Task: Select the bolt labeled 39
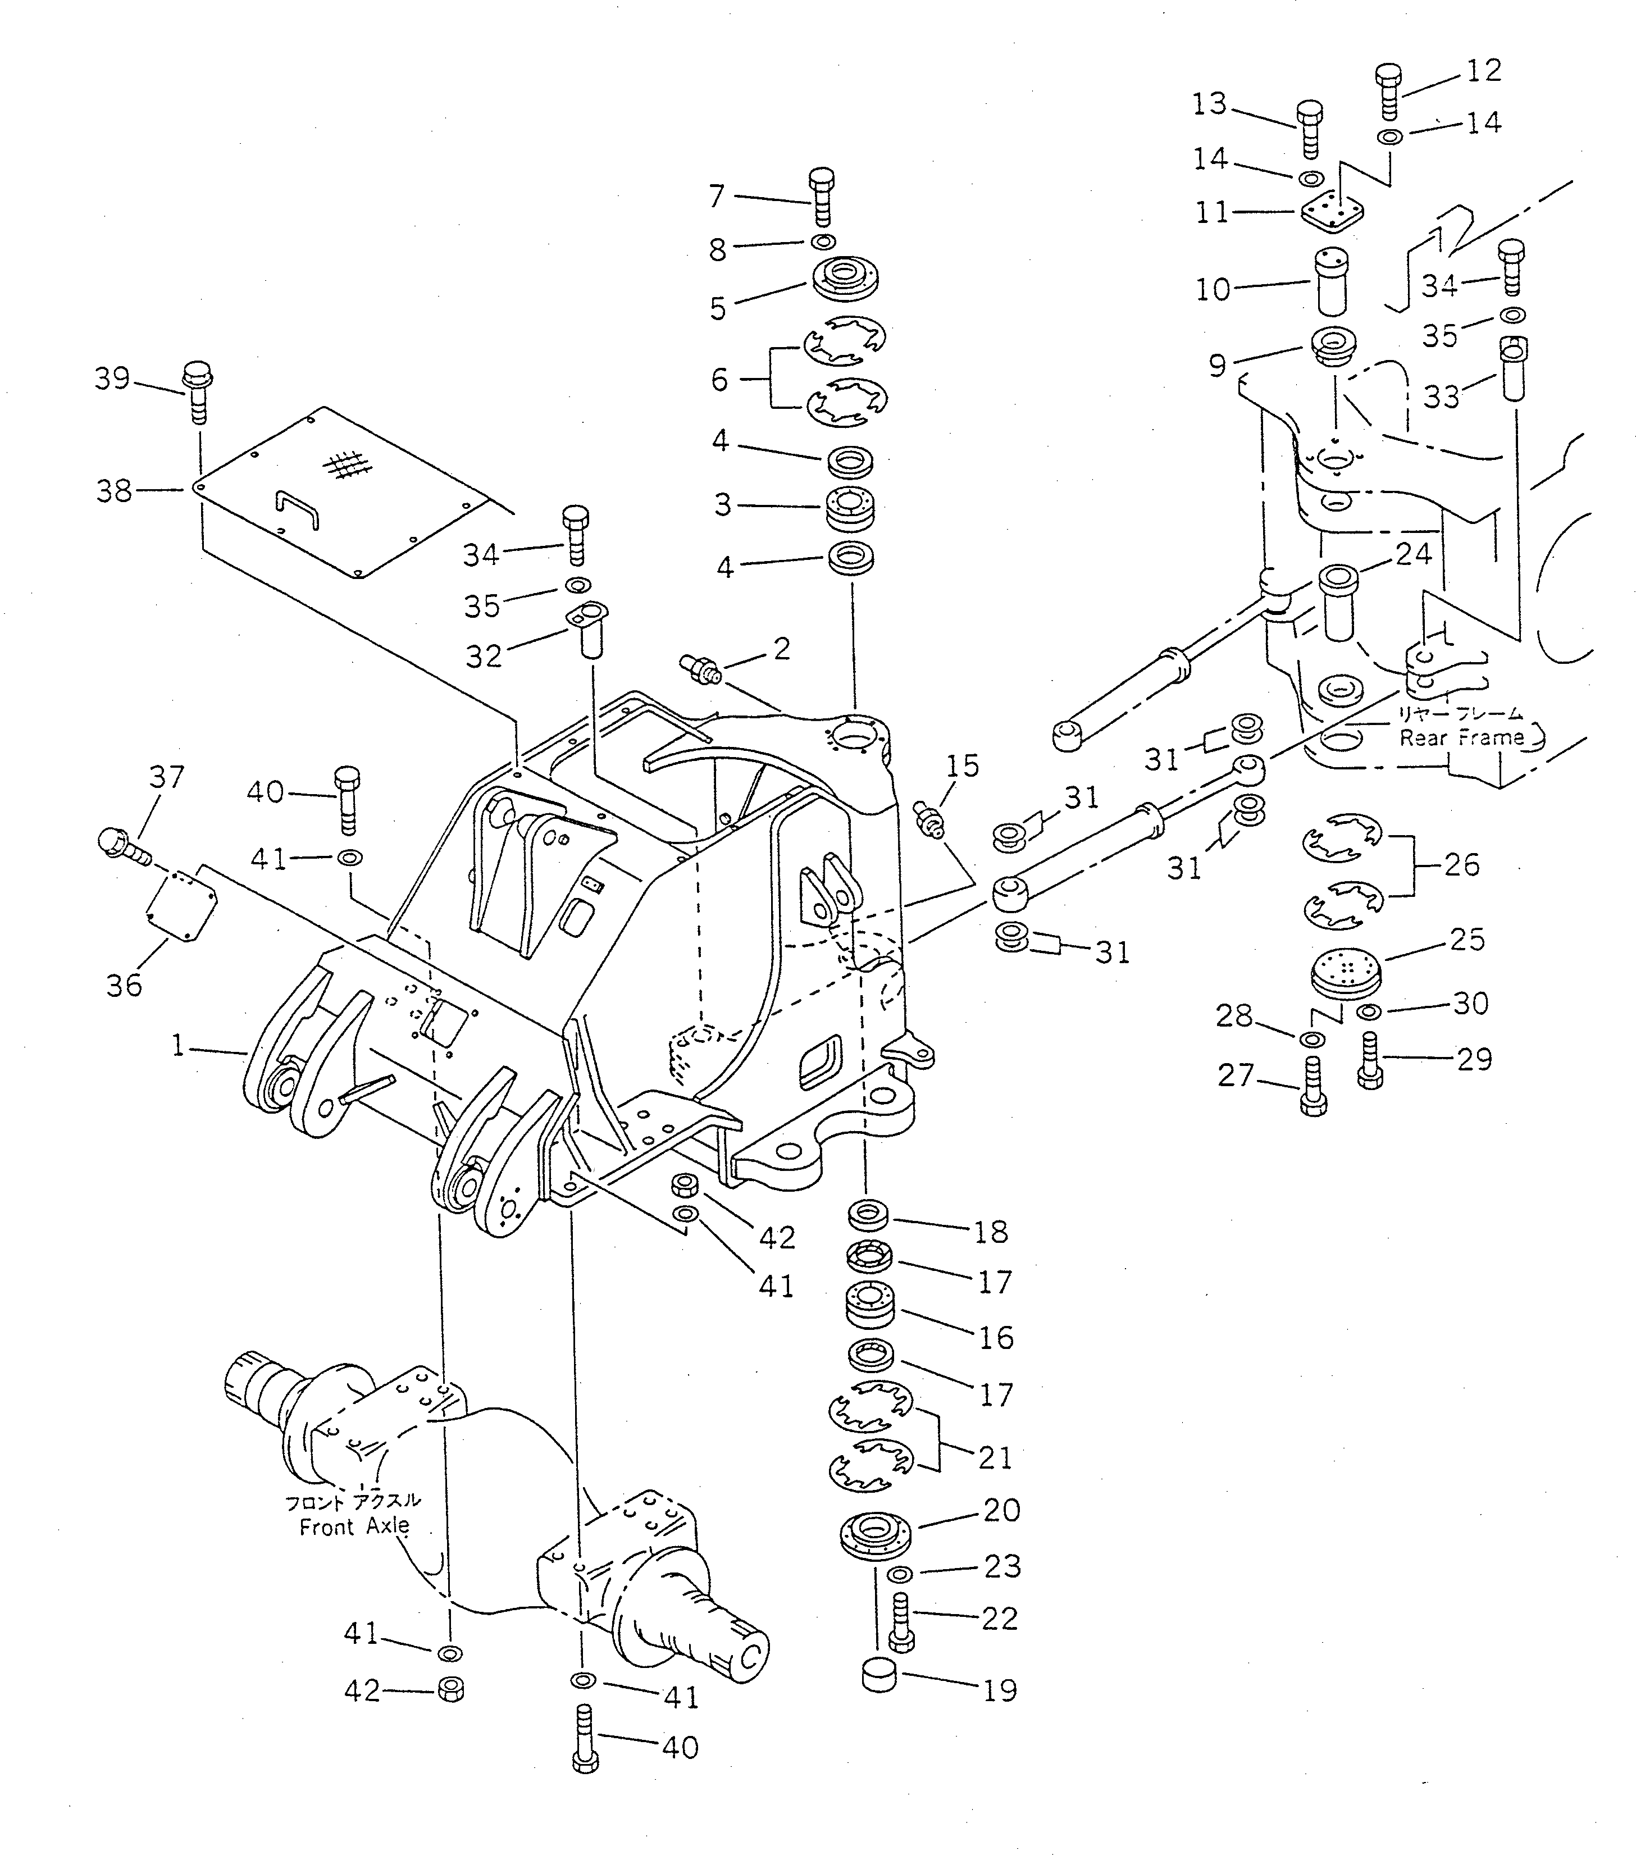tap(197, 392)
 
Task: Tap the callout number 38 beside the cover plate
tap(115, 491)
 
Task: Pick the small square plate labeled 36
tap(183, 906)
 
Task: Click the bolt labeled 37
tap(124, 847)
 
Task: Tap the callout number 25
tap(1467, 940)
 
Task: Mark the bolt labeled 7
tap(821, 196)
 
